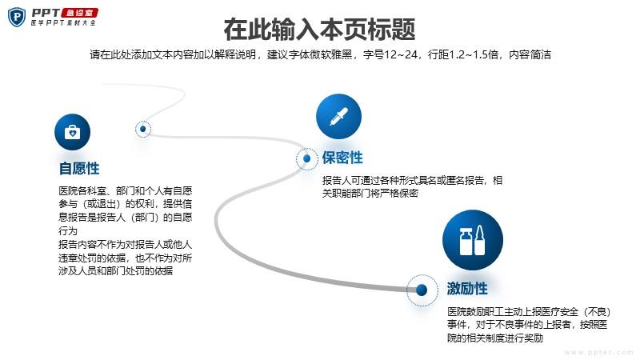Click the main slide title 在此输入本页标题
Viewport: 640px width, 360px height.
(x=319, y=29)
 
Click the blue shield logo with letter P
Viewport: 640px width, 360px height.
(x=17, y=17)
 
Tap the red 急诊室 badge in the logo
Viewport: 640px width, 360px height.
(x=79, y=13)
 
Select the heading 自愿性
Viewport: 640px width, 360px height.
(x=79, y=168)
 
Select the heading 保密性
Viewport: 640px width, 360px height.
(x=342, y=158)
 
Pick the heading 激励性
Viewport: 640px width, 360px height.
(x=467, y=289)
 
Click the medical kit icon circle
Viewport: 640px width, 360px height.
(x=72, y=132)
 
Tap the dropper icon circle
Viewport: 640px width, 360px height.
(x=338, y=116)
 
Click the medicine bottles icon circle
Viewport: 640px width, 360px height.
(x=473, y=240)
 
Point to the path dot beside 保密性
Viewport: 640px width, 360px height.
(x=307, y=158)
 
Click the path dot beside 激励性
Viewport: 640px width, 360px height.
(x=422, y=290)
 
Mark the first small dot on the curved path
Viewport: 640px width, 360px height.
(x=143, y=129)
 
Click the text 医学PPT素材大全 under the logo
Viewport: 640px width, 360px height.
(x=63, y=23)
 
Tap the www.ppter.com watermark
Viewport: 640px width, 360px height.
(x=598, y=352)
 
